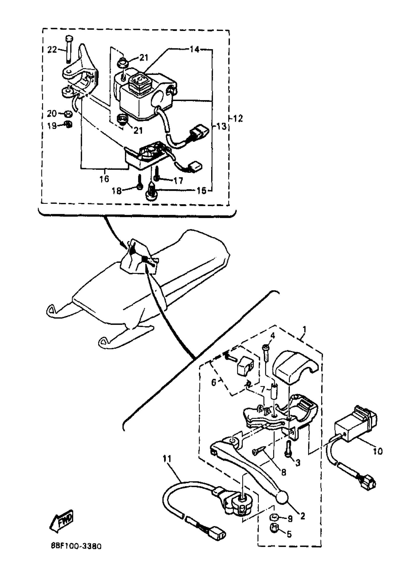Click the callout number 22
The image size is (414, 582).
tap(52, 50)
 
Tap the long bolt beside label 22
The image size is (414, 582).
tap(69, 50)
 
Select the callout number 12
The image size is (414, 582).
tap(238, 119)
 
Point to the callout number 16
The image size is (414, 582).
tap(104, 179)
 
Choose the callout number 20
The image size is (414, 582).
tap(52, 114)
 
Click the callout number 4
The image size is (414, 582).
tap(273, 335)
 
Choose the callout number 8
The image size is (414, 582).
tap(284, 472)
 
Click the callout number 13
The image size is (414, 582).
tap(222, 126)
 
